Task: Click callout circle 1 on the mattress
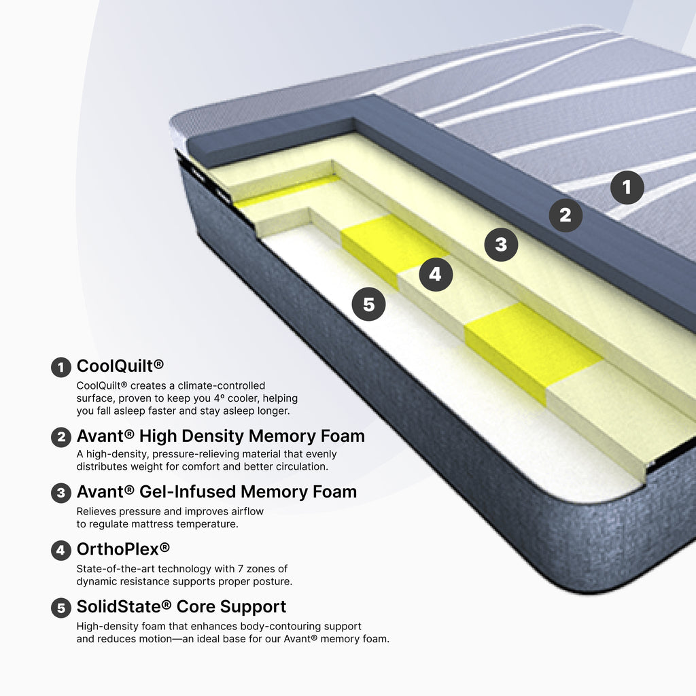tap(627, 188)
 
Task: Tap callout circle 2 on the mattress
tap(565, 215)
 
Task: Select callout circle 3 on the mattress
tap(501, 245)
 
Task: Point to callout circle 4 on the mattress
tap(436, 275)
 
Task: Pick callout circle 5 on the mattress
tap(368, 304)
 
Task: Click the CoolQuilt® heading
tap(120, 366)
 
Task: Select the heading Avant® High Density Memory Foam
tap(221, 436)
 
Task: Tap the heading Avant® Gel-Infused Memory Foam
tap(217, 492)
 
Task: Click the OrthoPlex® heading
tap(124, 549)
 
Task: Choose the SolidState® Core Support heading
tap(181, 607)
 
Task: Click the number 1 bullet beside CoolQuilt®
tap(61, 368)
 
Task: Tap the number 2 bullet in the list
tap(61, 437)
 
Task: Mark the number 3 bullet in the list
tap(61, 493)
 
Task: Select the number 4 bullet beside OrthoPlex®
tap(61, 551)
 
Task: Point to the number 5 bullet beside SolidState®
tap(61, 608)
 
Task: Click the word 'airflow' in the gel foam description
tap(246, 511)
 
